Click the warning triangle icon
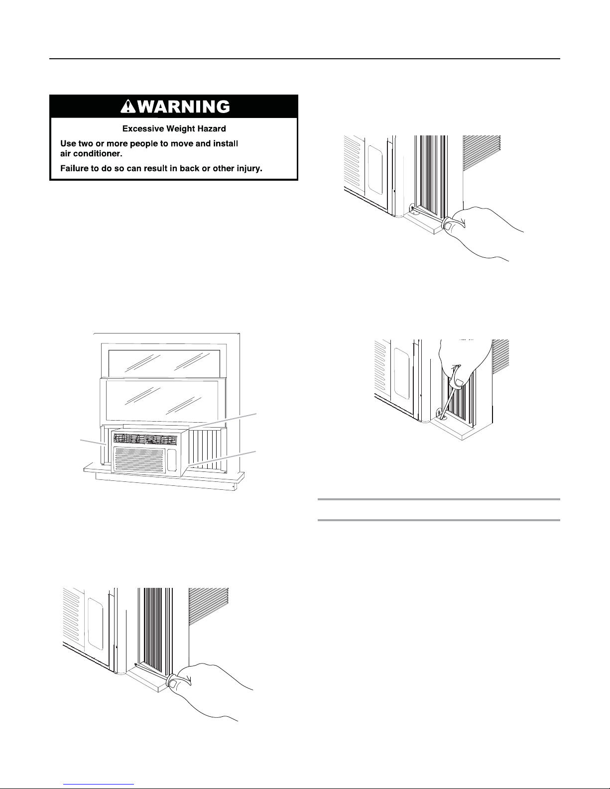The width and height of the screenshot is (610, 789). tap(128, 107)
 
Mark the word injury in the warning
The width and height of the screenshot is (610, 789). tap(248, 169)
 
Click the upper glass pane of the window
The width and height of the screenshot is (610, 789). tap(164, 361)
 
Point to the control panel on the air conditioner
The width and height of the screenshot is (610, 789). tap(145, 440)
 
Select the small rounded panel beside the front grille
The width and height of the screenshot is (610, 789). tap(172, 460)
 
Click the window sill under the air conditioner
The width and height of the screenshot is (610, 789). tap(164, 474)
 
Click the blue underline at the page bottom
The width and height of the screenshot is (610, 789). tap(99, 784)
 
